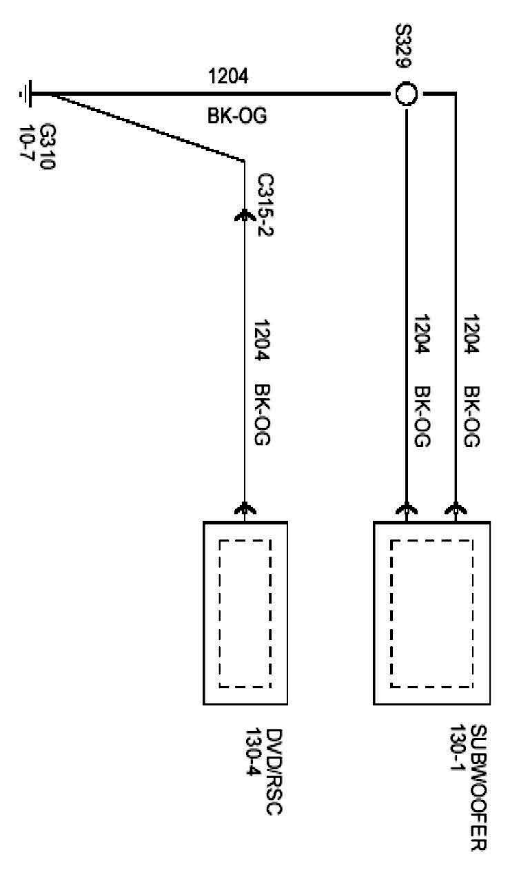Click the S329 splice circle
pyautogui.click(x=407, y=93)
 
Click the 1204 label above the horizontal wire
pyautogui.click(x=228, y=76)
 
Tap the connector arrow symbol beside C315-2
pyautogui.click(x=245, y=216)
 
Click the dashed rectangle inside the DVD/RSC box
pyautogui.click(x=245, y=613)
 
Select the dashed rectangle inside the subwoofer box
pyautogui.click(x=432, y=613)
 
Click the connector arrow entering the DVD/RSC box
pyautogui.click(x=245, y=510)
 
